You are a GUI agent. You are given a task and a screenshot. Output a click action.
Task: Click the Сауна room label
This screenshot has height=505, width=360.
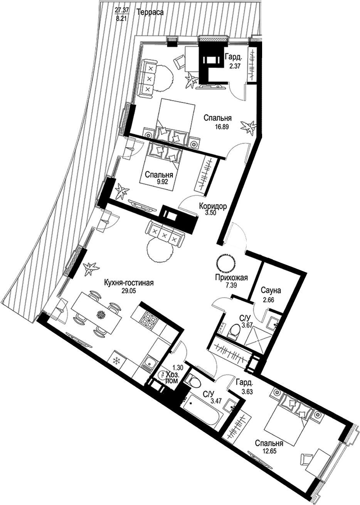tap(271, 290)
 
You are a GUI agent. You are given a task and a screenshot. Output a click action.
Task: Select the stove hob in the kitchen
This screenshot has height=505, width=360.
tap(149, 318)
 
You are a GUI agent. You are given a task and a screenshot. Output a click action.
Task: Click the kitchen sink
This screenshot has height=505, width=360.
tap(148, 363)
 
